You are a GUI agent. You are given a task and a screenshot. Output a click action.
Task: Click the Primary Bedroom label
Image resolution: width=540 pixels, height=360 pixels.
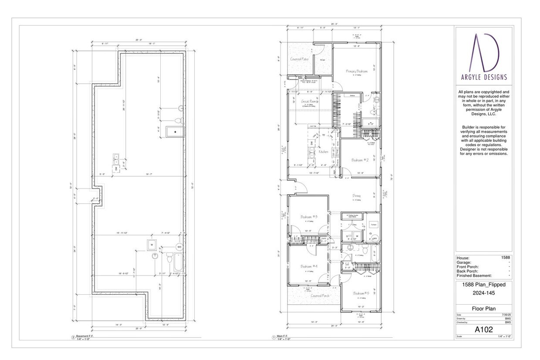357,71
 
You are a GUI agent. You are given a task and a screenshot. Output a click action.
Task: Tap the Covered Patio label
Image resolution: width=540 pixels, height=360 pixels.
300,58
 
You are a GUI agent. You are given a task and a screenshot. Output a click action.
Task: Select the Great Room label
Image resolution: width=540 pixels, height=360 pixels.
308,101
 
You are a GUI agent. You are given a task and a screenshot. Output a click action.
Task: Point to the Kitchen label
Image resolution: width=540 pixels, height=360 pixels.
323,151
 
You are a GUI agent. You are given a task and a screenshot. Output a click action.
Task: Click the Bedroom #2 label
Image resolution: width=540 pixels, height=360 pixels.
361,160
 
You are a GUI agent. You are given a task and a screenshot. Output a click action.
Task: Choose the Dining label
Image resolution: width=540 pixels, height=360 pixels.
356,196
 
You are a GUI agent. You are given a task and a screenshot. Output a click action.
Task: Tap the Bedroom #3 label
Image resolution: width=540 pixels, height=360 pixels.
309,217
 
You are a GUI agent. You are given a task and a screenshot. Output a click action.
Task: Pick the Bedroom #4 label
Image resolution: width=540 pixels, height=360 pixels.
309,266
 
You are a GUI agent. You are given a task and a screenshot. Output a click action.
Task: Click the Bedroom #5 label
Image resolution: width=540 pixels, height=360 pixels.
361,293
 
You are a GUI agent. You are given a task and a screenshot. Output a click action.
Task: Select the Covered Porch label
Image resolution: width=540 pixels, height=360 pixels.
320,296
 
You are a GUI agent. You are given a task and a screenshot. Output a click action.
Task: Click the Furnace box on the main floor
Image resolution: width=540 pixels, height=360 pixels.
373,224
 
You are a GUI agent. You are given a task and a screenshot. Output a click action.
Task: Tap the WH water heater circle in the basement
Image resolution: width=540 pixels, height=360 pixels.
179,247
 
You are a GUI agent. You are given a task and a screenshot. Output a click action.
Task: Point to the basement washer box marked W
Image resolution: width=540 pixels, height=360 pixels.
152,244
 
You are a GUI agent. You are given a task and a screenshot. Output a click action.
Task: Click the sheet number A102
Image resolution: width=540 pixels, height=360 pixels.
484,330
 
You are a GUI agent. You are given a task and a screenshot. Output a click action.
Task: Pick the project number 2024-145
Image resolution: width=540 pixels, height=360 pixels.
484,293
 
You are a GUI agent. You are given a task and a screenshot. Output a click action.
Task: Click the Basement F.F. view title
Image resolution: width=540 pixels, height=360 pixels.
85,336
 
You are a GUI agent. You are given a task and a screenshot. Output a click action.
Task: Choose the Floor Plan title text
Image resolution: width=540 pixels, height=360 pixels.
484,309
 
